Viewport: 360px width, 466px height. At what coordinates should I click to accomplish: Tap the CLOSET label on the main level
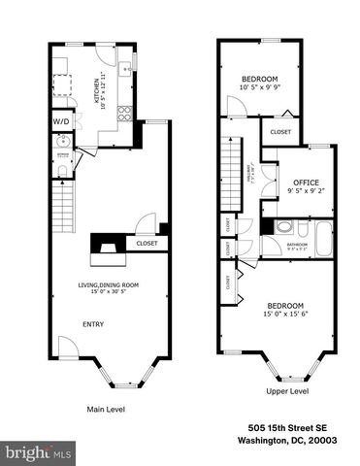click(147, 245)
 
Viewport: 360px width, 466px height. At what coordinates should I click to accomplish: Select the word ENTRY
click(93, 324)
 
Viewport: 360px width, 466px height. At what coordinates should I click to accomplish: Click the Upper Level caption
click(287, 391)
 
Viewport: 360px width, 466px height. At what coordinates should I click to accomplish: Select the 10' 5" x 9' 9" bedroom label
click(259, 83)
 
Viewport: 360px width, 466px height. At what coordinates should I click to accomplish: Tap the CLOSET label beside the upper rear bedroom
click(279, 132)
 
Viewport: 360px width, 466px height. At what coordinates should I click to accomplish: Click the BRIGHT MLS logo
click(39, 452)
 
